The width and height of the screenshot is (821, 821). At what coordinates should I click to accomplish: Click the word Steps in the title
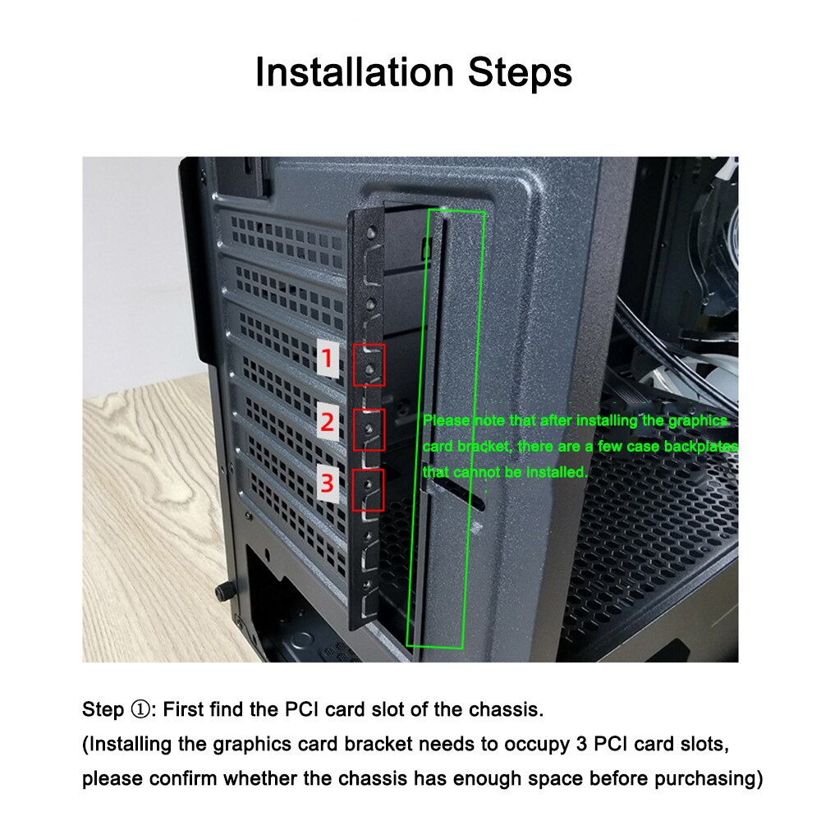point(520,72)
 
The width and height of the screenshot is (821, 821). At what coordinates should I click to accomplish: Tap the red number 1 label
point(328,360)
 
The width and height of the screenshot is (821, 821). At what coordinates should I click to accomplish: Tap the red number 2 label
point(328,424)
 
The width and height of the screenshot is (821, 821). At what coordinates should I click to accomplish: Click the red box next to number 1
point(369,365)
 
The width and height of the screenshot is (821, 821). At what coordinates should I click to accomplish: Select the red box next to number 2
point(369,429)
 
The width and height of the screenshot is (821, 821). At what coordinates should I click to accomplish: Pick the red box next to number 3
point(369,490)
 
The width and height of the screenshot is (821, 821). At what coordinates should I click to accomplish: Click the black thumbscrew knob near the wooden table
point(222,591)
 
